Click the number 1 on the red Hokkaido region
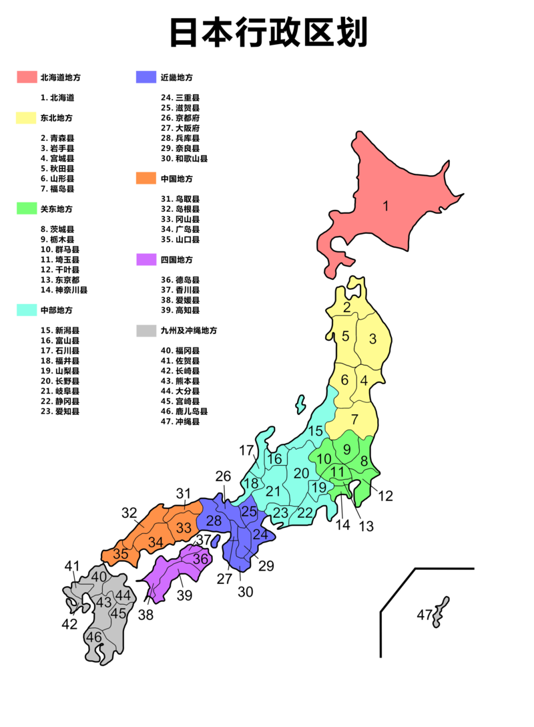point(385,206)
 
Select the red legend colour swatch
point(27,77)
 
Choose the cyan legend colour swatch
point(27,310)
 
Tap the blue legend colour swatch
point(145,77)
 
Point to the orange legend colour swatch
point(145,178)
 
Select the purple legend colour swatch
point(145,259)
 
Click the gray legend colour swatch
point(145,330)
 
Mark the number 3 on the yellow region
point(372,339)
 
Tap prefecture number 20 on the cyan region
point(301,473)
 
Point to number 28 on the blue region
point(214,521)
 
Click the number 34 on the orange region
point(156,541)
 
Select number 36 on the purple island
point(201,559)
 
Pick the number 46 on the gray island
point(94,637)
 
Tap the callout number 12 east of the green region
point(386,496)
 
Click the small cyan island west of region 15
point(300,404)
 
